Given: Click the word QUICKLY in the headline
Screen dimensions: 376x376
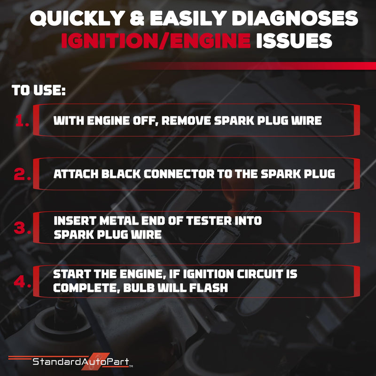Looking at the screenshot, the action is click(x=77, y=18).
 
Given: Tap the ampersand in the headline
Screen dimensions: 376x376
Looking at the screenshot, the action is click(x=137, y=18).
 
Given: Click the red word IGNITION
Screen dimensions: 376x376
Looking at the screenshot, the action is click(x=109, y=41).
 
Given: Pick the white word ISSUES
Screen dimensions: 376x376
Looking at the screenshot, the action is click(x=294, y=41).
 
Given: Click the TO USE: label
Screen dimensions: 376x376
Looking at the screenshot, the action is click(x=39, y=90).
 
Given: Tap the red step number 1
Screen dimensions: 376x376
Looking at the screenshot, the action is click(x=22, y=120).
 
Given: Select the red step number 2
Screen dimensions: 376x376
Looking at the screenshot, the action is click(x=22, y=174).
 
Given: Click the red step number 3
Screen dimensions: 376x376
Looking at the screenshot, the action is click(x=22, y=227).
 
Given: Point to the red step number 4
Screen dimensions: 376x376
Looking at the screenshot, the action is click(x=22, y=281).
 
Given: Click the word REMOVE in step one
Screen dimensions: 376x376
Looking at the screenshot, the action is click(x=186, y=120).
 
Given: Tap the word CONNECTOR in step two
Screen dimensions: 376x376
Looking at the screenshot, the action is click(x=179, y=174).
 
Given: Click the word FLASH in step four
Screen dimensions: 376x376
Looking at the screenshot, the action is click(x=209, y=288).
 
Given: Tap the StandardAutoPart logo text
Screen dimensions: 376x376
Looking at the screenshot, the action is click(x=81, y=361).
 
